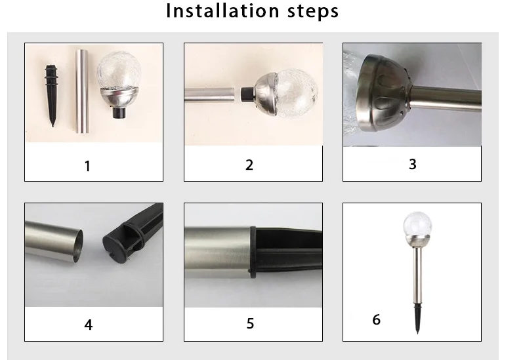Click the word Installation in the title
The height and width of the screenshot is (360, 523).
[222, 10]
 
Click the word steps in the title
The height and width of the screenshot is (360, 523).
[313, 12]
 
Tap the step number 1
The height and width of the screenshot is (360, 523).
[87, 166]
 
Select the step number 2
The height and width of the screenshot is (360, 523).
[249, 165]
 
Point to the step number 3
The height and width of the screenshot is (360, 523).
[413, 164]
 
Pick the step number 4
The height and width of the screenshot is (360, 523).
[89, 325]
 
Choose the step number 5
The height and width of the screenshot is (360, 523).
[250, 323]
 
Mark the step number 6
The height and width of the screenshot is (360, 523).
[376, 319]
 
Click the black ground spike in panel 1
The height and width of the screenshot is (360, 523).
[51, 95]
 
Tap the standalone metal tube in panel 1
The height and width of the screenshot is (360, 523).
[81, 91]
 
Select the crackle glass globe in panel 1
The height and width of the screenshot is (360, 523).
[118, 70]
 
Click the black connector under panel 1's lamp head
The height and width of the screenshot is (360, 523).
[119, 113]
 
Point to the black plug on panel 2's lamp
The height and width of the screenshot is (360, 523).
[247, 94]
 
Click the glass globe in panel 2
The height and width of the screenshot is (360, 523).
[296, 93]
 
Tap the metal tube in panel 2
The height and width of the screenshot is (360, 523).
[209, 94]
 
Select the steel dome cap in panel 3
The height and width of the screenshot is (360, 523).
[384, 93]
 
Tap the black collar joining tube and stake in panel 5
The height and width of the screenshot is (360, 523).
[253, 252]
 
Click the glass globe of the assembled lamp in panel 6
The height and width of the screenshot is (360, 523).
[417, 224]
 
